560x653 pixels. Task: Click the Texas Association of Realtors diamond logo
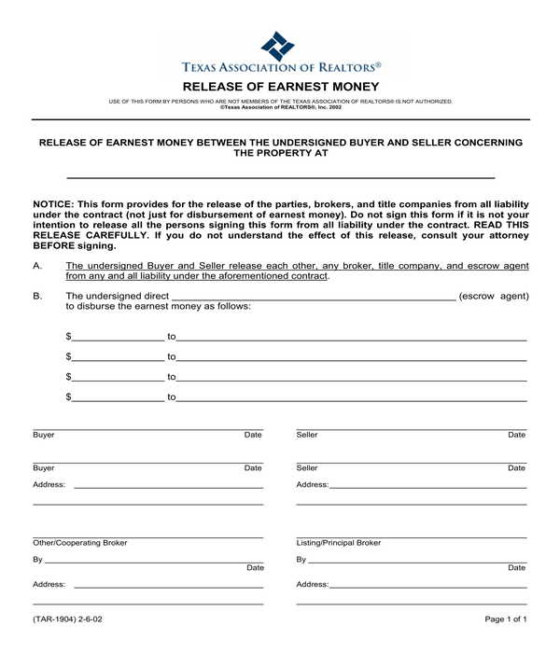(277, 45)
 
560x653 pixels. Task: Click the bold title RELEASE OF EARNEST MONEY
(281, 85)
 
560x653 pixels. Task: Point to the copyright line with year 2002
(280, 106)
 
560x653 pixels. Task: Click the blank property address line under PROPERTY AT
(281, 175)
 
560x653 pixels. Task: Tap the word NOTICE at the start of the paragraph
(53, 203)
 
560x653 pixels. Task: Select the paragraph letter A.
(37, 266)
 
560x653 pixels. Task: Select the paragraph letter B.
(37, 297)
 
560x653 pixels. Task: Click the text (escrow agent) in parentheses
(494, 297)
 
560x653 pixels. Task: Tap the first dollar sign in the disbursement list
(68, 336)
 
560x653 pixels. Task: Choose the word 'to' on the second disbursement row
(172, 356)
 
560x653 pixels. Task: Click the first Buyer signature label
(44, 436)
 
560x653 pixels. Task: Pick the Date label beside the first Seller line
(516, 436)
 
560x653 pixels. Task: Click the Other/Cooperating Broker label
(80, 543)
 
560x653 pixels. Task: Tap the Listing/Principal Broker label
(338, 543)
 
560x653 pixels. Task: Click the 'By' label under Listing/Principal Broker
(301, 561)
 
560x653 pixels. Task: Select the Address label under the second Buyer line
(49, 485)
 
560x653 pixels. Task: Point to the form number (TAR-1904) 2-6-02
(67, 619)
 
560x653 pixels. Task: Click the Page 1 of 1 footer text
(506, 619)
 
